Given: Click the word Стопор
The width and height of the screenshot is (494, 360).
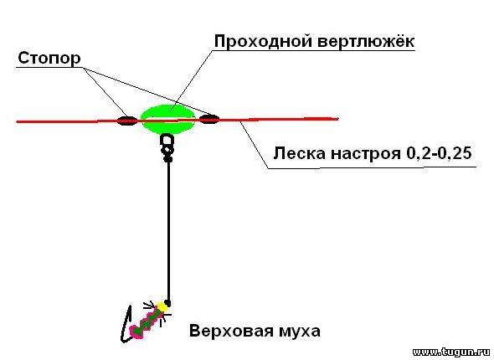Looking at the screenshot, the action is coord(49,59).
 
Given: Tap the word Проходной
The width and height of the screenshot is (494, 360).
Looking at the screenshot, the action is coord(264,41).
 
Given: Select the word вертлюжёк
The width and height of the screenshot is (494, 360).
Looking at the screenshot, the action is coord(365,41).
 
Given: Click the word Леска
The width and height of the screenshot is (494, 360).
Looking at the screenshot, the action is coord(300,153).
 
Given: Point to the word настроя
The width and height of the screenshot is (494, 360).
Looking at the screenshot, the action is coord(365,154).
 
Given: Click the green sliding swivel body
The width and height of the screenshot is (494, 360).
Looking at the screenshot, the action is coord(168,120).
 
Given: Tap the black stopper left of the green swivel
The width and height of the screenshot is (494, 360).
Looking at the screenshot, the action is coord(127,121).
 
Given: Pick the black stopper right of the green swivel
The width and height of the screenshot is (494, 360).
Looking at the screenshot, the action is coord(209,120).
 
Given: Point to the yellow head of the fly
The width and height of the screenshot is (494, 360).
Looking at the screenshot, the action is coord(162,306).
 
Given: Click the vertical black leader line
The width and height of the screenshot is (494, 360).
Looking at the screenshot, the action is coord(169,232).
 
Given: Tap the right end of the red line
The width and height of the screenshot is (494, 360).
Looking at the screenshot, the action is coord(338,119).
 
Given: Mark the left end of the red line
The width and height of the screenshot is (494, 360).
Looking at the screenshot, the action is coord(17,121).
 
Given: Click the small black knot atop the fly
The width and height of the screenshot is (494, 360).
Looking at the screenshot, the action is coord(167,303).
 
